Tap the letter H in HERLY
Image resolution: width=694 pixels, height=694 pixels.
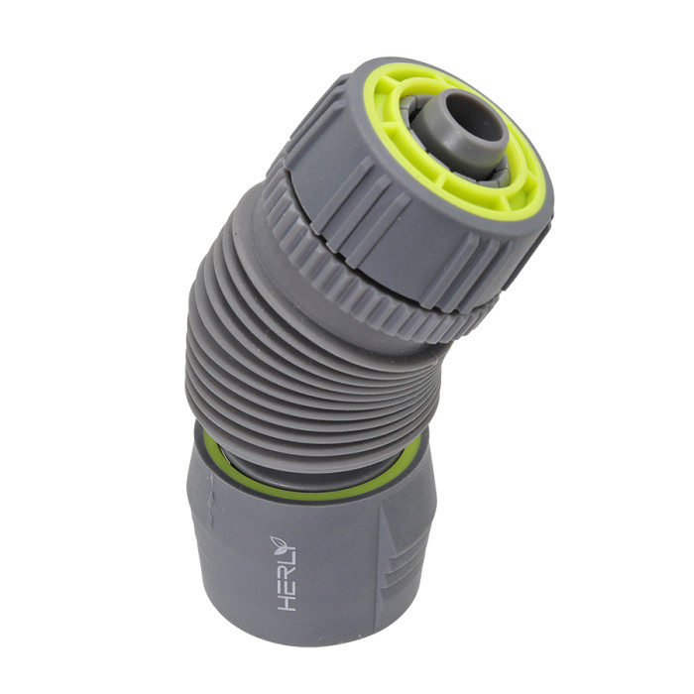click(x=288, y=601)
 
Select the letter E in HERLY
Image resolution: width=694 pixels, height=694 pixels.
click(x=288, y=586)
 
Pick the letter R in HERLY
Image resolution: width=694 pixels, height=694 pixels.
click(x=288, y=572)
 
